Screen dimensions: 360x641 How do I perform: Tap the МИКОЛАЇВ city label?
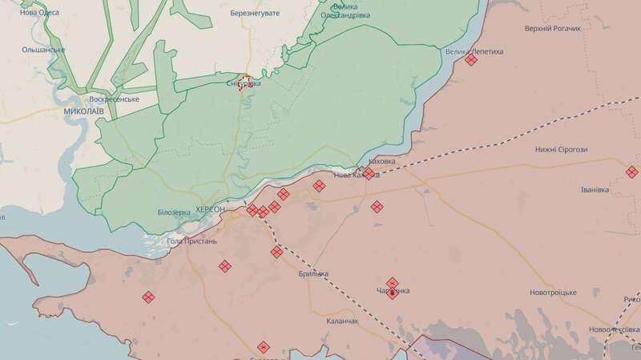click(x=83, y=111)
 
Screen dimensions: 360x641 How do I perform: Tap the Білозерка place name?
click(x=175, y=212)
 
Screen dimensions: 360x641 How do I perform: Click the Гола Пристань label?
click(x=191, y=241)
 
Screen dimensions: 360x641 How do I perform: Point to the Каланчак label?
click(x=342, y=321)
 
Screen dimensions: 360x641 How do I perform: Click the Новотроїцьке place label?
click(x=553, y=293)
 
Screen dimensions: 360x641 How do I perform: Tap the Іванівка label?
click(x=595, y=190)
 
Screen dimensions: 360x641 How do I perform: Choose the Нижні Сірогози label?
click(x=567, y=150)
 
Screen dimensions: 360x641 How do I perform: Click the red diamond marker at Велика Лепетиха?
click(x=471, y=59)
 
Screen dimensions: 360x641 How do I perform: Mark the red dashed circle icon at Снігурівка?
click(x=247, y=82)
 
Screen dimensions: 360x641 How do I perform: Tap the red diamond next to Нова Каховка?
click(x=369, y=172)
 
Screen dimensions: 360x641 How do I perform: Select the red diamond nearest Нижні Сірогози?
click(x=631, y=172)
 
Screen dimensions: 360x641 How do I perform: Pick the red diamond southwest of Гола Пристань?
click(x=148, y=297)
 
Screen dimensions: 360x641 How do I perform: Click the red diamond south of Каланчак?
click(x=264, y=347)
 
